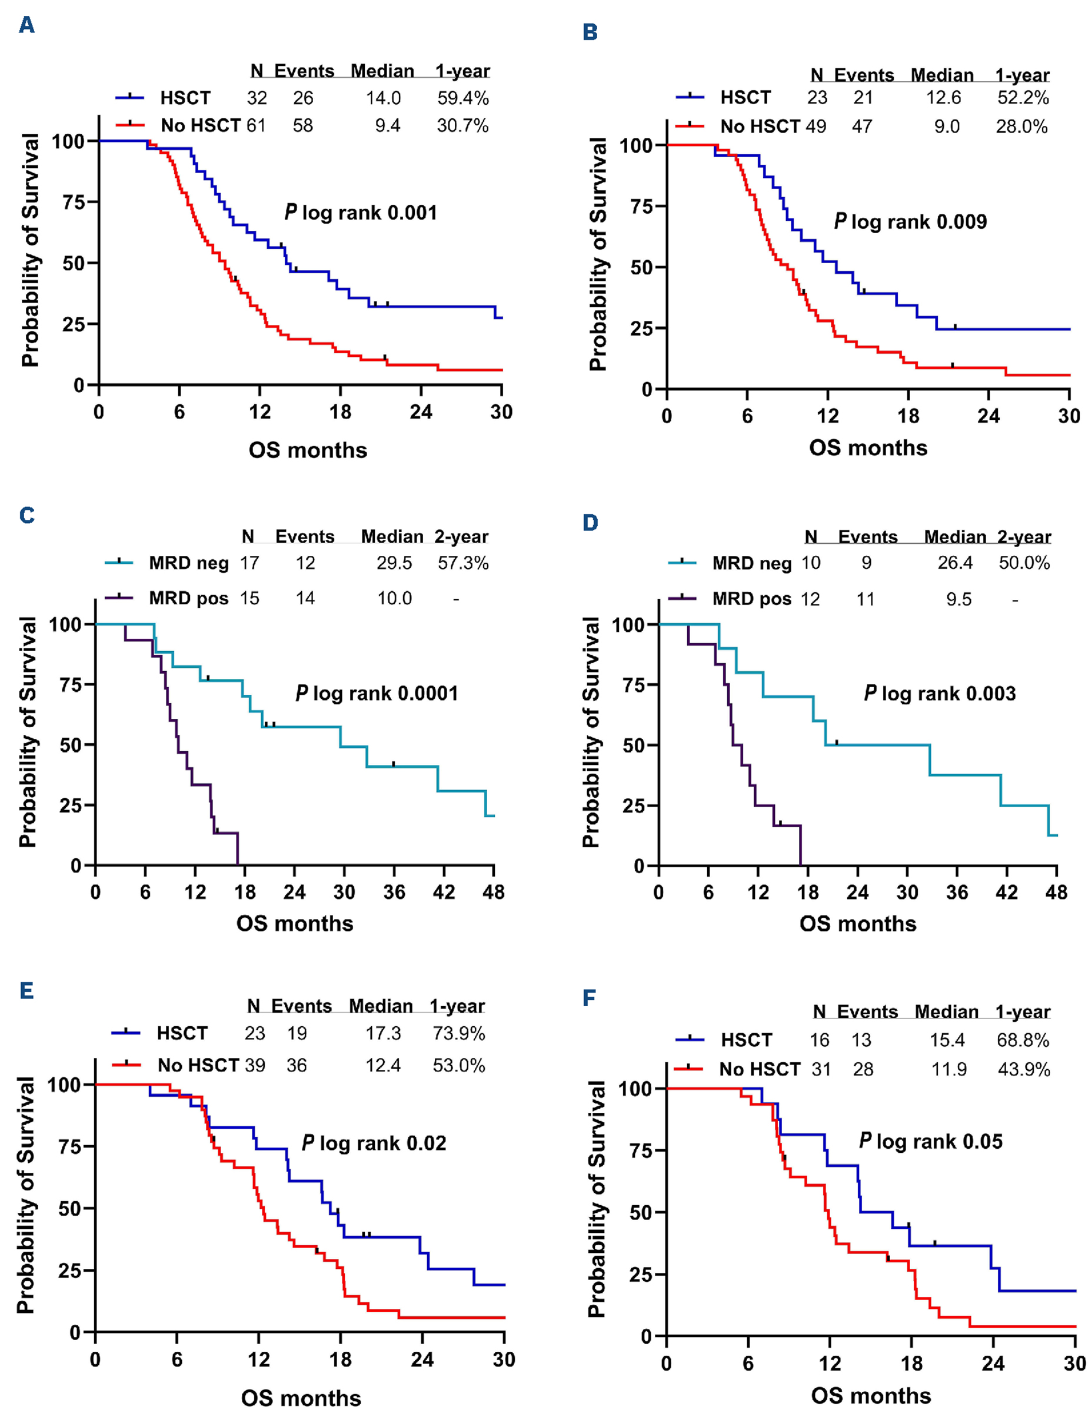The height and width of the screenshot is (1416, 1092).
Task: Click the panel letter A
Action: [x=26, y=25]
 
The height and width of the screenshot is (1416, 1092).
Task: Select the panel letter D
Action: [x=590, y=523]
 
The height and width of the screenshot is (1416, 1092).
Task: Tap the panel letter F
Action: [x=589, y=997]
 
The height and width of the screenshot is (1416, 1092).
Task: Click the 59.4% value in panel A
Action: [x=462, y=98]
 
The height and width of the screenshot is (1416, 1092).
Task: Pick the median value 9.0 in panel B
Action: [x=946, y=127]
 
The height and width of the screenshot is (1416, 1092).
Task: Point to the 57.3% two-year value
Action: [x=462, y=563]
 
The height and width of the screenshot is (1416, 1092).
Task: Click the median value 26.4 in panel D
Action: [x=954, y=563]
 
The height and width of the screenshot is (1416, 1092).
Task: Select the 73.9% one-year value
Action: [x=459, y=1033]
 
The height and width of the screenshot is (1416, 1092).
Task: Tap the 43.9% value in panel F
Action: [x=1023, y=1069]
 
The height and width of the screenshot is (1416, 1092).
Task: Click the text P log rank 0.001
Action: [x=361, y=213]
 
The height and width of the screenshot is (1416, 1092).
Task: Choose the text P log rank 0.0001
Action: [x=377, y=694]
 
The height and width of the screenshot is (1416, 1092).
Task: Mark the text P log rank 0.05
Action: [x=931, y=1141]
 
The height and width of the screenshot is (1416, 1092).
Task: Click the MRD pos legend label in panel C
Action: [x=189, y=598]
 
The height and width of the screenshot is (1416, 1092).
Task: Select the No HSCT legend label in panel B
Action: [x=760, y=127]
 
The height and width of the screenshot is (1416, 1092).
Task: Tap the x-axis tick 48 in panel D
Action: [x=1056, y=893]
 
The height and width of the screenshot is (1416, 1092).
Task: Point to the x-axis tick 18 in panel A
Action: [x=340, y=412]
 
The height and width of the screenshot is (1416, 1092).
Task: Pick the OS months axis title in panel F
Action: [x=870, y=1395]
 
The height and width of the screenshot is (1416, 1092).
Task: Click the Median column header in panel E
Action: [x=381, y=1006]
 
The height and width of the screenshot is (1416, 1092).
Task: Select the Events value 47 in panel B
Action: [x=861, y=127]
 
